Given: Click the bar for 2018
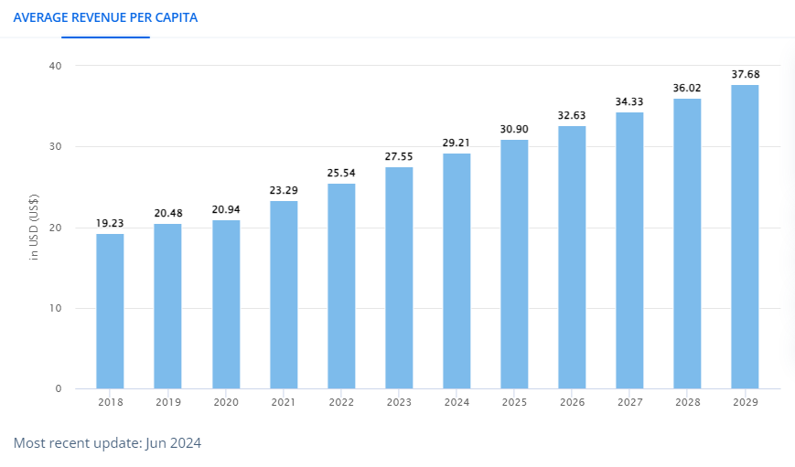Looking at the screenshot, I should click(x=110, y=311).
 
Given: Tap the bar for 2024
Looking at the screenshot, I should click(x=457, y=271).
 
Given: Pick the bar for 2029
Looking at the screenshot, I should click(x=745, y=237).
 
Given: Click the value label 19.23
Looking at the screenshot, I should click(x=110, y=223).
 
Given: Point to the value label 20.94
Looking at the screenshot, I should click(x=225, y=209).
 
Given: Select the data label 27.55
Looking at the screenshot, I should click(x=399, y=156).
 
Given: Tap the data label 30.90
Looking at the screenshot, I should click(x=514, y=129).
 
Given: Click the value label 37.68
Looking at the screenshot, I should click(x=745, y=74).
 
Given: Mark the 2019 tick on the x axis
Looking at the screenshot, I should click(x=167, y=401).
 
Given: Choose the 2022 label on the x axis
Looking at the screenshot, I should click(x=341, y=401).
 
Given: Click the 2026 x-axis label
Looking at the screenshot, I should click(x=572, y=401).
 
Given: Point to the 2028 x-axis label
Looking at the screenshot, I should click(x=687, y=401).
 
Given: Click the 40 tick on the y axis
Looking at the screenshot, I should click(x=56, y=66).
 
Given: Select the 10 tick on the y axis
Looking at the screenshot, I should click(x=56, y=308).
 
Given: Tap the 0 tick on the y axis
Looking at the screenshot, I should click(x=59, y=388).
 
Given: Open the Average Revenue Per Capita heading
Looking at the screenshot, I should click(x=105, y=17).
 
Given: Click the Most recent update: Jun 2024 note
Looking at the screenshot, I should click(x=107, y=443).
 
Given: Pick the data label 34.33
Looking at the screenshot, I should click(x=629, y=101).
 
